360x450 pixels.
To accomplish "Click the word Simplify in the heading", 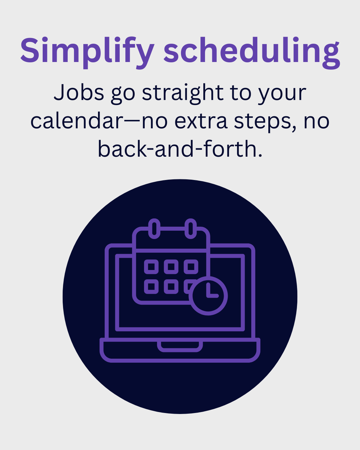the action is (87, 52).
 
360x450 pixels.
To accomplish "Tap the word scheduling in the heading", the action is (252, 52).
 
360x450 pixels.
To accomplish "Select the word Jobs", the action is (79, 92).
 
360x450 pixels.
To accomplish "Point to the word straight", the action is (183, 93).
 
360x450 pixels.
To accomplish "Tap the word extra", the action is (201, 121).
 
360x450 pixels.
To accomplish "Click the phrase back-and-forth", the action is (180, 149).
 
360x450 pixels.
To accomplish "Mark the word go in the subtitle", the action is (123, 95).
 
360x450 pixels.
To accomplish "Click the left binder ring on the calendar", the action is (154, 229).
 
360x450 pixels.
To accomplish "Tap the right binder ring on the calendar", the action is (191, 229).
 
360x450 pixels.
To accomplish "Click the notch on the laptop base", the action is (180, 350).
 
